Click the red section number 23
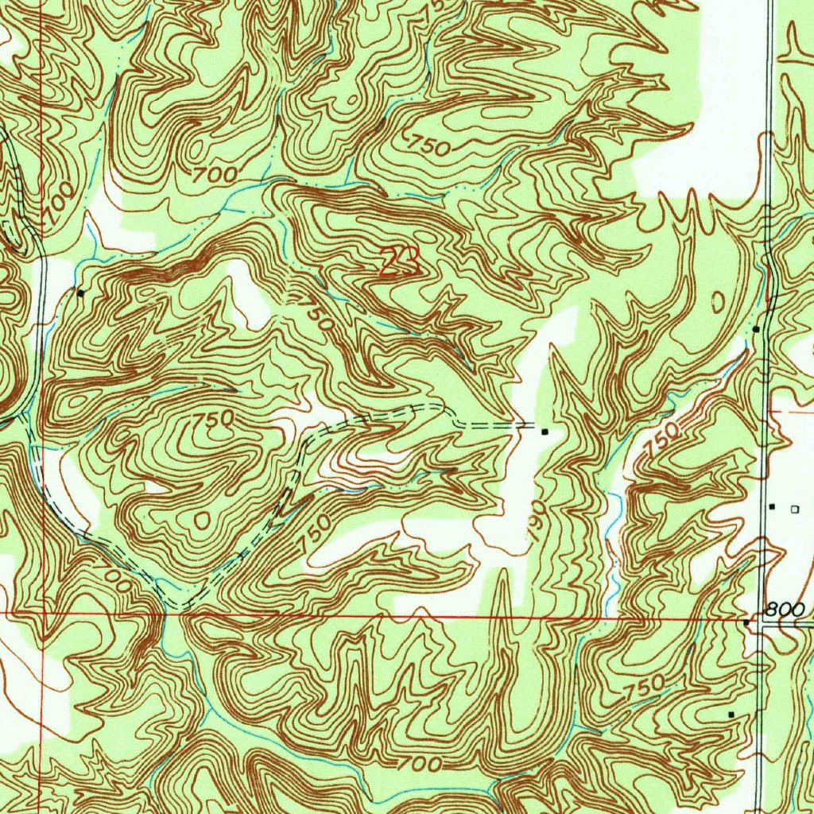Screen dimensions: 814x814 (399, 261)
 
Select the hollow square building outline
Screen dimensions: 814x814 (793, 507)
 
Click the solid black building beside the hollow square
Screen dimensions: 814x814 (771, 506)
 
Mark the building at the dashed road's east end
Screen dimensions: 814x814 (545, 432)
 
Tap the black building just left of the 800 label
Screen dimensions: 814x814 (746, 623)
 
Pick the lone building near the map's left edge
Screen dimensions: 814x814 (80, 293)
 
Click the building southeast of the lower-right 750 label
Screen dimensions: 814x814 (731, 715)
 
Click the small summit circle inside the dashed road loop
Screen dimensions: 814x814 (200, 519)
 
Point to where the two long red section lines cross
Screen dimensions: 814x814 (41, 613)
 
